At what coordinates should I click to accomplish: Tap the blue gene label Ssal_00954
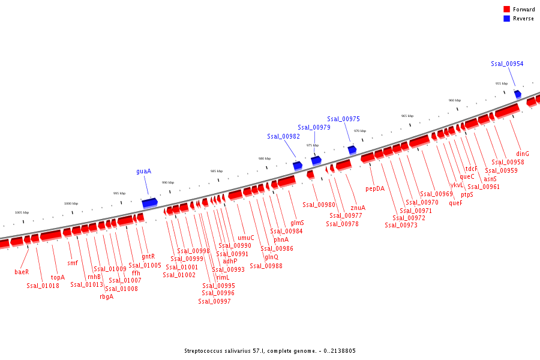click(x=507, y=64)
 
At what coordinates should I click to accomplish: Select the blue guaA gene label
click(x=143, y=171)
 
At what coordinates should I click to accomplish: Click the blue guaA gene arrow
click(x=149, y=203)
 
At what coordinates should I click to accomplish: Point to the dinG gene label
click(x=523, y=154)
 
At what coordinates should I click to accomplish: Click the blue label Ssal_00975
click(x=344, y=119)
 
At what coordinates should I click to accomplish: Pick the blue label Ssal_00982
click(x=284, y=136)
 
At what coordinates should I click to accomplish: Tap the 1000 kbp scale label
click(x=71, y=203)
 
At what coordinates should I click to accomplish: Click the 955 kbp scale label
click(x=502, y=83)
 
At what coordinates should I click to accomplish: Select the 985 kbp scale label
click(x=217, y=171)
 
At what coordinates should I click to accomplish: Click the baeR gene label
click(x=22, y=272)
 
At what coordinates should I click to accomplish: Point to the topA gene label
click(x=58, y=277)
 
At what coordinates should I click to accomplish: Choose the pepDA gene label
click(x=375, y=188)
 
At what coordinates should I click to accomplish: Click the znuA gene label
click(x=358, y=208)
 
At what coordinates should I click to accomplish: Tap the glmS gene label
click(x=297, y=223)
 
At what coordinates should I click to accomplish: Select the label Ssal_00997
click(x=214, y=301)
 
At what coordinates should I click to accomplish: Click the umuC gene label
click(x=246, y=238)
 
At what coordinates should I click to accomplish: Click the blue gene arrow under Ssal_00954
click(x=518, y=94)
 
